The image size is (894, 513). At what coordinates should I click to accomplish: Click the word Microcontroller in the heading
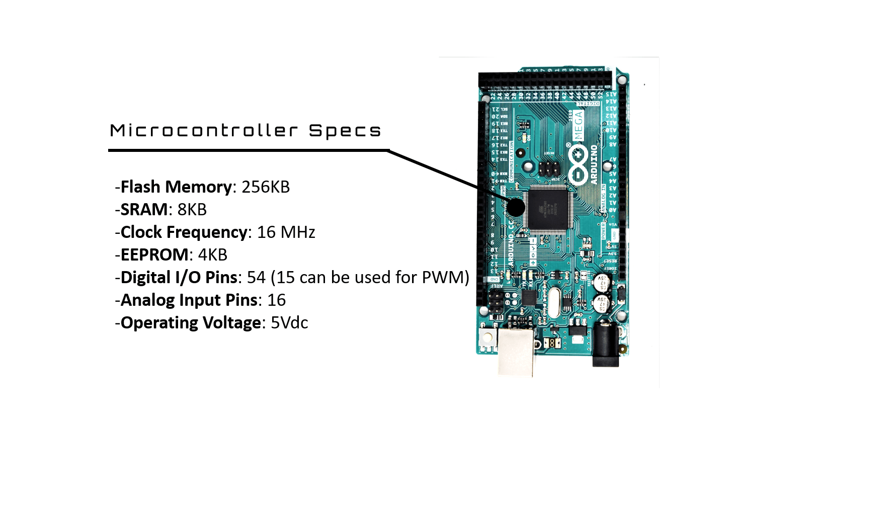[204, 131]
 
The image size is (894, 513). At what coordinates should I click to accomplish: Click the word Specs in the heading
[345, 131]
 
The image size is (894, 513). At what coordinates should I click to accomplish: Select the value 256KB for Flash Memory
[266, 187]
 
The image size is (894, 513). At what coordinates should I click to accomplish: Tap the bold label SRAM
[144, 210]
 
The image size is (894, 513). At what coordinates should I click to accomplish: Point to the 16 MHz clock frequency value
[286, 232]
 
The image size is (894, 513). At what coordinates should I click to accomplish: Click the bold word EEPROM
[154, 255]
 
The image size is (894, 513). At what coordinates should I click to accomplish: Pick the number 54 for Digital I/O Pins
[256, 278]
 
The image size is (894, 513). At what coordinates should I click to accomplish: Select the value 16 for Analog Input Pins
[276, 300]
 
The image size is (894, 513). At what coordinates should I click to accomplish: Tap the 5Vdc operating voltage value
[289, 323]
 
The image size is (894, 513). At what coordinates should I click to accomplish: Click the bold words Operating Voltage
[191, 323]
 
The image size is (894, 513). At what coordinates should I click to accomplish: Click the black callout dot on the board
[515, 207]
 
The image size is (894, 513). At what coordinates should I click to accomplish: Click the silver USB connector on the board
[516, 352]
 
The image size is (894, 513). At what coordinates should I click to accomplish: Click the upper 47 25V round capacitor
[601, 282]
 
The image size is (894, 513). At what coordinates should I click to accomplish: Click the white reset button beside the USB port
[487, 336]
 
